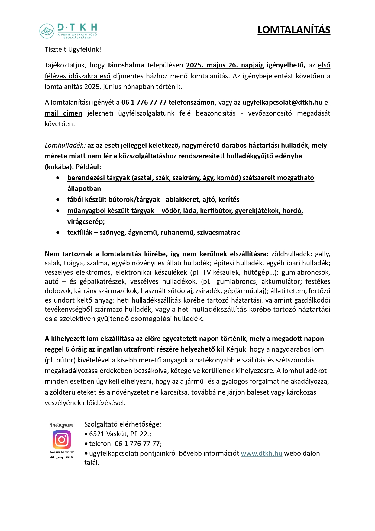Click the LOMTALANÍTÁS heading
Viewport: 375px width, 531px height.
(x=294, y=30)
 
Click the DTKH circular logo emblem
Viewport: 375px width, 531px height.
(x=47, y=31)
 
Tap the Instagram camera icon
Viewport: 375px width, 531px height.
(x=62, y=439)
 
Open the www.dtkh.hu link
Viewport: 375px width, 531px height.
(x=261, y=453)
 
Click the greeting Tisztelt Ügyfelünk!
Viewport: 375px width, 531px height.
(x=73, y=50)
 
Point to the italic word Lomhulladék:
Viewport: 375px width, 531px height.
(x=65, y=146)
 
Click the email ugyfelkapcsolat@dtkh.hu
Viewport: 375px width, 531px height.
(x=282, y=103)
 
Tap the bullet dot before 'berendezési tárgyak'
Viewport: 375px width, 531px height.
(x=58, y=178)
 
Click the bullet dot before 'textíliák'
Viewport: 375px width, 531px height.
(x=58, y=233)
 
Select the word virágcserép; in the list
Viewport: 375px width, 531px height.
(x=86, y=222)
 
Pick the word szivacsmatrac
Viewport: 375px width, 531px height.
(x=218, y=233)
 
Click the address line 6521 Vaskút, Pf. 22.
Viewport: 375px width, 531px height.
(x=120, y=434)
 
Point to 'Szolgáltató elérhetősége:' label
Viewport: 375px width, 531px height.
(x=123, y=424)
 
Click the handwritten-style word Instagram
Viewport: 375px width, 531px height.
(x=62, y=425)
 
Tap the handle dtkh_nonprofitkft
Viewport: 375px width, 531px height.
(x=62, y=457)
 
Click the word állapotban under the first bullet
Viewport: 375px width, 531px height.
(x=84, y=189)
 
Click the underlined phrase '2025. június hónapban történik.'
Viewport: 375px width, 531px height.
(x=133, y=87)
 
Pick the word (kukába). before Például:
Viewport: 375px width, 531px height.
(x=59, y=167)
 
